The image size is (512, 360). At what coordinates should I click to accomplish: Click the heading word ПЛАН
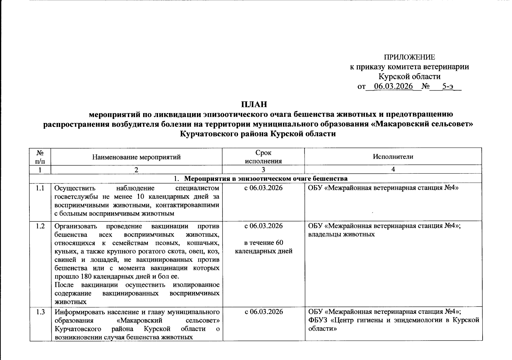coord(254,104)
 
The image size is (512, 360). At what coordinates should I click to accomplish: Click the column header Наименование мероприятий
coord(136,157)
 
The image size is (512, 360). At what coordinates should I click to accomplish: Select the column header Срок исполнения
coord(263,157)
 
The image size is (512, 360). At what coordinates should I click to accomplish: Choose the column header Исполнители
coord(393,156)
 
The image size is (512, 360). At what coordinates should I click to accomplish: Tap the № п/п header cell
coord(40,157)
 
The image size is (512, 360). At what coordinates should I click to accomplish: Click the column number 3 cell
coord(263,169)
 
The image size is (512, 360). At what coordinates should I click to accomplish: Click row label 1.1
coord(40,188)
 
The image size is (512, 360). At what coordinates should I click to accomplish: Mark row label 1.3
coord(40,312)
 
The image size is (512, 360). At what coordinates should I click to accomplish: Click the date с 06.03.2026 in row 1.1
coord(264,188)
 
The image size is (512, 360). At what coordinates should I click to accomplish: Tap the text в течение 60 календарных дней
coord(264,247)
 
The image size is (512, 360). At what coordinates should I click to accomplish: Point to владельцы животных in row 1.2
coord(342,234)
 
